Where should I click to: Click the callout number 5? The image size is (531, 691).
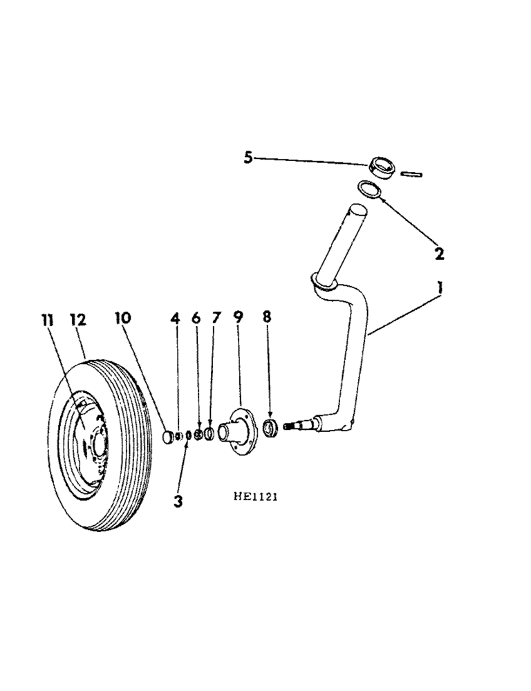(x=248, y=158)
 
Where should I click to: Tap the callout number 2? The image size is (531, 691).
(x=438, y=253)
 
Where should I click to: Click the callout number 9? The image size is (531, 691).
(x=239, y=318)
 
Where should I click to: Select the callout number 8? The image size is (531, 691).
(x=268, y=318)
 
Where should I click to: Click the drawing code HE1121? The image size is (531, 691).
(x=255, y=495)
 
